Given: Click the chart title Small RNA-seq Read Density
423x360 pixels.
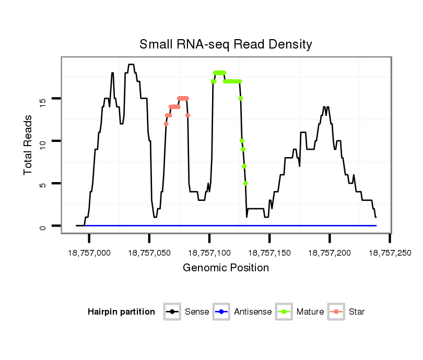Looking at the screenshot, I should pyautogui.click(x=226, y=44).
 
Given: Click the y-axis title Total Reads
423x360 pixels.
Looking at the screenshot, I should pyautogui.click(x=28, y=145).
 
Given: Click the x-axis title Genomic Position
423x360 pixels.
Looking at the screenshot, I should pyautogui.click(x=226, y=268).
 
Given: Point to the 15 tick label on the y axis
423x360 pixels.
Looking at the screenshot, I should pyautogui.click(x=42, y=99).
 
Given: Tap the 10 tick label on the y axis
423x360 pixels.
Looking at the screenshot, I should pyautogui.click(x=42, y=141).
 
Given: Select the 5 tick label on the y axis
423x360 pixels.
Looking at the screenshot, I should pyautogui.click(x=42, y=184).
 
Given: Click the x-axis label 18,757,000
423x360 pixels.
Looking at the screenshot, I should pyautogui.click(x=89, y=253).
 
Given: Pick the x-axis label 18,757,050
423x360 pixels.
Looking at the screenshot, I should pyautogui.click(x=149, y=253).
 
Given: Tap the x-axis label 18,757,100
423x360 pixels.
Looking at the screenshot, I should pyautogui.click(x=209, y=253).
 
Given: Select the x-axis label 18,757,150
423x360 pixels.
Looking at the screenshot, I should pyautogui.click(x=269, y=253).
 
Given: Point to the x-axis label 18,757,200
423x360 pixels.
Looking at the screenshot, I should pyautogui.click(x=330, y=253).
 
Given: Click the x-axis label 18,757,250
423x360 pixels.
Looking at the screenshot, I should pyautogui.click(x=390, y=253).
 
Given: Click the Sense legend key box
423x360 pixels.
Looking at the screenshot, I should pyautogui.click(x=172, y=312).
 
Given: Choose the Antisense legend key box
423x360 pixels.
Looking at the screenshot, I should pyautogui.click(x=221, y=312).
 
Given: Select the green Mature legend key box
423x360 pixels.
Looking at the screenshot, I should pyautogui.click(x=284, y=312).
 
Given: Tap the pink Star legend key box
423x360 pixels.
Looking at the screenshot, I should pyautogui.click(x=336, y=312).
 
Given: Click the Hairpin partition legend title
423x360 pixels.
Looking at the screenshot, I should pyautogui.click(x=121, y=312).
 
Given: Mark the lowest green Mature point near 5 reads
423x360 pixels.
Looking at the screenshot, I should pyautogui.click(x=245, y=183).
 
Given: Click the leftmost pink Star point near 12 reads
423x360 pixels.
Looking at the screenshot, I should pyautogui.click(x=166, y=124).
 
